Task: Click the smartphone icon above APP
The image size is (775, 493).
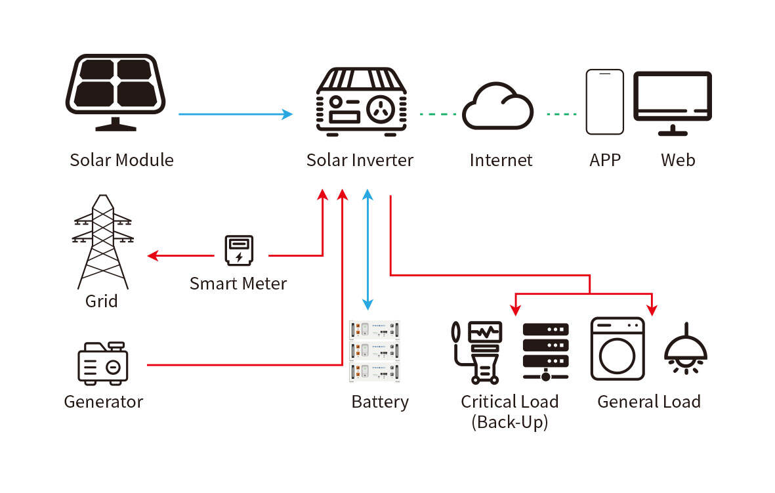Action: [604, 102]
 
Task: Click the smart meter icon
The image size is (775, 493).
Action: [238, 251]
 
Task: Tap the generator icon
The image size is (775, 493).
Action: [103, 363]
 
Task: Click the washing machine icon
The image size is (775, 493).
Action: [618, 349]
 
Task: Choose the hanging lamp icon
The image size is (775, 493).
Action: [686, 349]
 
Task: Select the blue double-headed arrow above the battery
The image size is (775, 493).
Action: [368, 249]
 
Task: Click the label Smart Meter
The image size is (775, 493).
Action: [238, 284]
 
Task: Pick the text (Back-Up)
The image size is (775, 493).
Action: [509, 422]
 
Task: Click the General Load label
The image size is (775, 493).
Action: [648, 402]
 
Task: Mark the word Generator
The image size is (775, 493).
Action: [103, 402]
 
